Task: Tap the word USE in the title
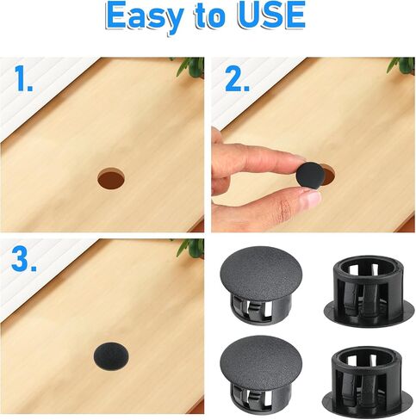[x=271, y=15]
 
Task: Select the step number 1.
[x=24, y=78]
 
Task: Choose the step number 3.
[x=24, y=259]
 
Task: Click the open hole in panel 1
[x=111, y=178]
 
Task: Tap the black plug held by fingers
[x=310, y=176]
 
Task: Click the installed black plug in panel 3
[x=111, y=356]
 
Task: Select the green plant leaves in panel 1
[x=190, y=66]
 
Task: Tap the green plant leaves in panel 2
[x=402, y=65]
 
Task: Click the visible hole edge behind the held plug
[x=329, y=175]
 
